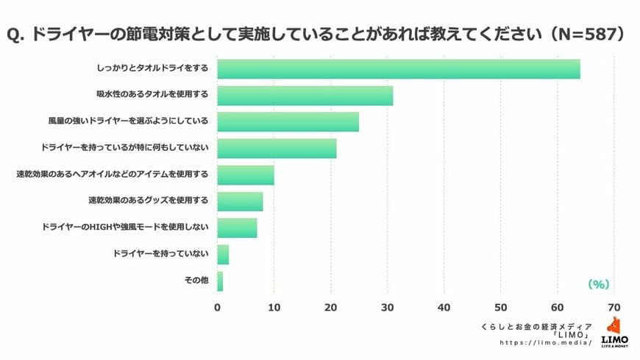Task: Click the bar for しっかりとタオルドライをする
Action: (x=398, y=68)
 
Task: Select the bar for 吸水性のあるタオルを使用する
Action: (x=305, y=96)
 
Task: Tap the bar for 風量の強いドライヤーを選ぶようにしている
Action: (x=288, y=121)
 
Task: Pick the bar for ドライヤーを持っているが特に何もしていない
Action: (x=277, y=148)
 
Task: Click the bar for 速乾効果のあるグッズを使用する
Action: (x=240, y=201)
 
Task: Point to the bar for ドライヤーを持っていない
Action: (x=223, y=255)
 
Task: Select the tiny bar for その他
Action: (x=220, y=280)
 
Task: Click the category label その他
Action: (x=196, y=280)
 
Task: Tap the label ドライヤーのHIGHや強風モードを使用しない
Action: (x=126, y=227)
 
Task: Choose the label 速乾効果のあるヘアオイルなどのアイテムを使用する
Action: (x=113, y=174)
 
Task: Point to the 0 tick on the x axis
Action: (x=217, y=307)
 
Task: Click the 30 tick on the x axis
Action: (x=388, y=307)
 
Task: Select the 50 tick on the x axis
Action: (x=501, y=307)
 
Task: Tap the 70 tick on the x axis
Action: (x=614, y=307)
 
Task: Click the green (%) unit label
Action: (x=599, y=283)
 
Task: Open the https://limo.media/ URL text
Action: (x=546, y=342)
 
